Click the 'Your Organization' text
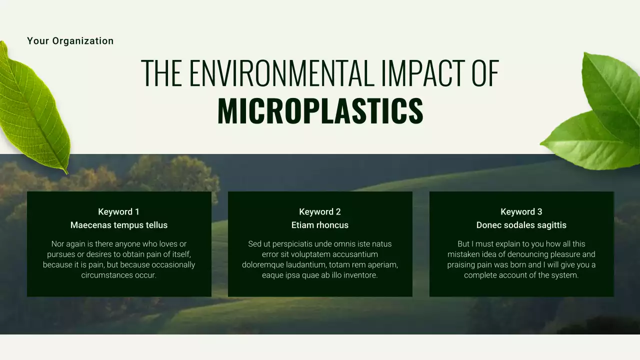pyautogui.click(x=70, y=41)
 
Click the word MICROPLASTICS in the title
pyautogui.click(x=320, y=111)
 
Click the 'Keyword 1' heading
pyautogui.click(x=119, y=211)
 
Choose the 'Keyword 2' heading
pyautogui.click(x=320, y=211)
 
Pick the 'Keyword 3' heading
pyautogui.click(x=521, y=211)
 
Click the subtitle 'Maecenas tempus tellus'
pyautogui.click(x=119, y=225)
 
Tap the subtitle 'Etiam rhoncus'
pyautogui.click(x=320, y=225)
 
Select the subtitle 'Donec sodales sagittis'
pyautogui.click(x=521, y=225)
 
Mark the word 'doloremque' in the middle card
pyautogui.click(x=261, y=265)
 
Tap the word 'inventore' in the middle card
pyautogui.click(x=359, y=275)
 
